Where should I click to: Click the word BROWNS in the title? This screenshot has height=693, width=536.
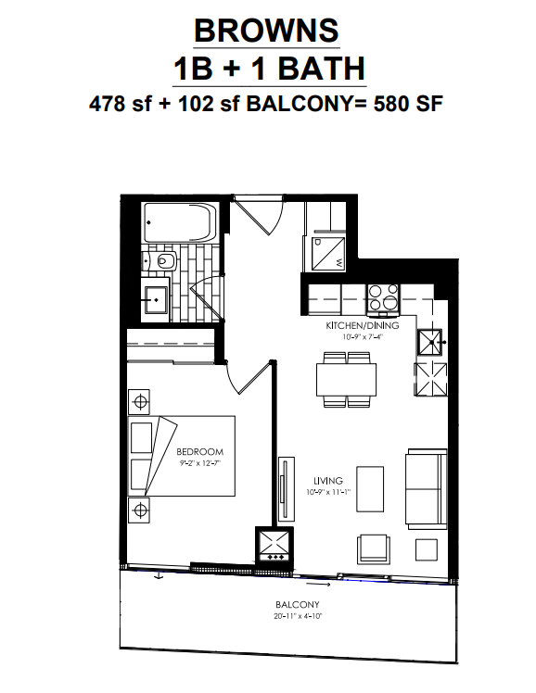coord(266,31)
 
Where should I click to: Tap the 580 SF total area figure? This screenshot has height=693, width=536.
coord(408,105)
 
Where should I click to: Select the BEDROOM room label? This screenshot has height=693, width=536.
coord(200,452)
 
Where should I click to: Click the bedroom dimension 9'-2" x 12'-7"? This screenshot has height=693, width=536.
coord(200,463)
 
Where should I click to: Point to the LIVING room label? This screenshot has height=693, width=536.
coord(328,481)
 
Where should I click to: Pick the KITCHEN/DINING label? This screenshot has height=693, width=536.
coord(363,326)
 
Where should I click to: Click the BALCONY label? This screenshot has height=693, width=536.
coord(297,605)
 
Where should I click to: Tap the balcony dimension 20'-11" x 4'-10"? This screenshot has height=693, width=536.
coord(298,616)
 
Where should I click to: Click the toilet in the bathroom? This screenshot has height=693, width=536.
coord(161,261)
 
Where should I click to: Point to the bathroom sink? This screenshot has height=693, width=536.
coord(155,300)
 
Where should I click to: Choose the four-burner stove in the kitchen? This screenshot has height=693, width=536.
coord(383,297)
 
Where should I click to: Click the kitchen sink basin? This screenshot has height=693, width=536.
coord(430,342)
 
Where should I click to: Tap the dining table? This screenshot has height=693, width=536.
coord(347,380)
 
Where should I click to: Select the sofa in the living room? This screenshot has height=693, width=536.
coord(427,488)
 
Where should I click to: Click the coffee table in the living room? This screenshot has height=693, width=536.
coord(370,489)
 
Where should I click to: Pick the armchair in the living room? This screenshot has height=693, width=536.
coord(374,548)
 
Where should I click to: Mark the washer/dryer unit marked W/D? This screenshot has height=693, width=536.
coord(328,253)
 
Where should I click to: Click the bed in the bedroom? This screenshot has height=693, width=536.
coord(182,456)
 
